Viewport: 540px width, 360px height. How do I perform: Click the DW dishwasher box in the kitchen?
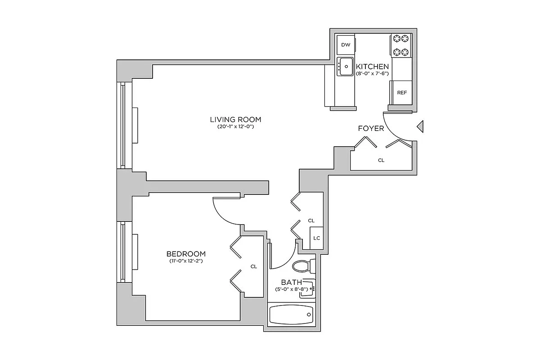[x=346, y=45]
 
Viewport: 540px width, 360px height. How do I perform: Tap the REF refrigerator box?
[x=401, y=93]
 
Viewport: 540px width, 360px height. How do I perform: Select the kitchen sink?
[x=346, y=67]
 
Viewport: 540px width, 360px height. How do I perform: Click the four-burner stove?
[x=401, y=45]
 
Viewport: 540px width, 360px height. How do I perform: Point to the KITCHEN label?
[x=372, y=66]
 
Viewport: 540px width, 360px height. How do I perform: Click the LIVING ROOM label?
[x=235, y=119]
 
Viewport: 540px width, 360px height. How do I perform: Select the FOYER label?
[x=371, y=129]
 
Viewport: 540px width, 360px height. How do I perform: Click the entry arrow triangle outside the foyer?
[x=420, y=127]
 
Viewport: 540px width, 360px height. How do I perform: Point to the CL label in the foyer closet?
[x=381, y=160]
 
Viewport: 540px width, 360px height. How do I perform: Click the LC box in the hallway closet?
[x=316, y=238]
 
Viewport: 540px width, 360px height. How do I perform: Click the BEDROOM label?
[x=186, y=253]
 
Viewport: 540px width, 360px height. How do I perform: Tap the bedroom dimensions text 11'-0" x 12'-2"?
[x=186, y=261]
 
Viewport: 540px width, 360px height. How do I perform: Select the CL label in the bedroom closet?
[x=253, y=266]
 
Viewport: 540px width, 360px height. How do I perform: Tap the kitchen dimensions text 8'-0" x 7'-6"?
[x=372, y=73]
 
